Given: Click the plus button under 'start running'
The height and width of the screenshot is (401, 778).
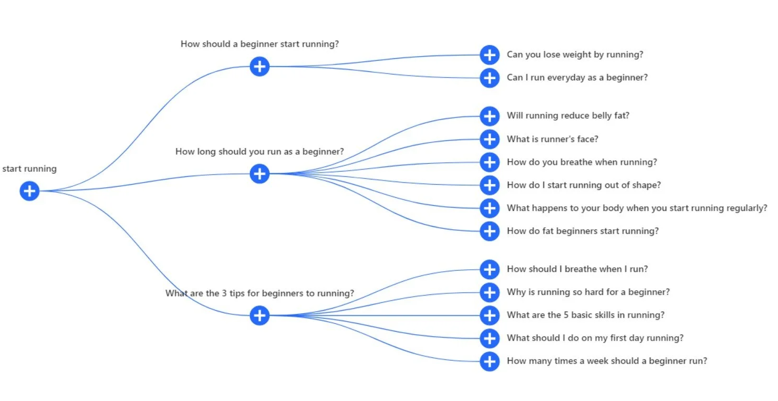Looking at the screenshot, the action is (x=29, y=191).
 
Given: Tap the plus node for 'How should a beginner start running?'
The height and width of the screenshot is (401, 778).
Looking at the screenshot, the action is (x=260, y=66).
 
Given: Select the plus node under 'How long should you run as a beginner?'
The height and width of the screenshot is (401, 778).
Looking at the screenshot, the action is (x=260, y=174).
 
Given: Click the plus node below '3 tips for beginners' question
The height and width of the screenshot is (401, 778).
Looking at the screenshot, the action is (x=260, y=315).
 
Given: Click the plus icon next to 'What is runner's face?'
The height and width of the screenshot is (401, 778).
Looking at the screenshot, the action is (x=490, y=139).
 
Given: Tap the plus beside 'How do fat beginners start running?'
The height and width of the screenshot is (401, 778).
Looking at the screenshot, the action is (x=490, y=231).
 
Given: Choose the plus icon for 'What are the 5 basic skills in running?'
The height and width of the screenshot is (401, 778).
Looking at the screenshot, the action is (x=490, y=315).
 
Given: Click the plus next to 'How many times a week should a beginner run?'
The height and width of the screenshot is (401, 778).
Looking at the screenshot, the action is (x=490, y=361).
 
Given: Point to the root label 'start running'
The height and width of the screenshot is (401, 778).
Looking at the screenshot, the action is (x=29, y=169).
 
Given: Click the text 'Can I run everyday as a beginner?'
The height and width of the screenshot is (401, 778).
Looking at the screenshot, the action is (x=577, y=77).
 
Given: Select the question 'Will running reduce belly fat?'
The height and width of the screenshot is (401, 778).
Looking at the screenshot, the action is (x=568, y=115).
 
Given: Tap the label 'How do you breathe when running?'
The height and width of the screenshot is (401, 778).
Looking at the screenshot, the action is (x=582, y=162).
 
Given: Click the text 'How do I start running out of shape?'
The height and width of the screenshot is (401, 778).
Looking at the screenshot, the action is (x=584, y=185).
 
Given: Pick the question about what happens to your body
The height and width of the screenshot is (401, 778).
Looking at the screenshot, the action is (x=637, y=208).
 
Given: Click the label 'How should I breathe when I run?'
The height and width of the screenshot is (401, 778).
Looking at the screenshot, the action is (x=577, y=269).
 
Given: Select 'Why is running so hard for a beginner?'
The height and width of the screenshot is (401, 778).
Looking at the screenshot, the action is (x=588, y=292).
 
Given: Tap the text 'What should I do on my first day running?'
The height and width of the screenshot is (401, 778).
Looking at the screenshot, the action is (x=595, y=338).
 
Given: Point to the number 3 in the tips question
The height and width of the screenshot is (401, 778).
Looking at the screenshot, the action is (x=224, y=293).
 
